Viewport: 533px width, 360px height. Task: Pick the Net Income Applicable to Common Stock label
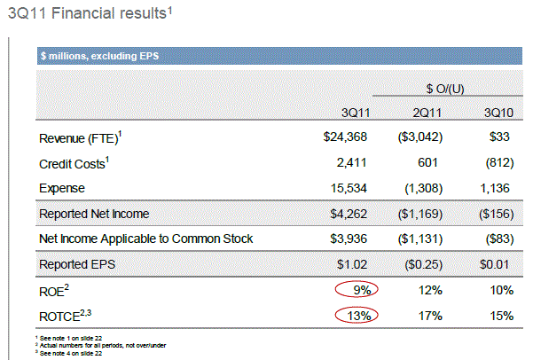click(146, 239)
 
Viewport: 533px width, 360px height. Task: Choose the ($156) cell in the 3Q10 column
click(498, 214)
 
